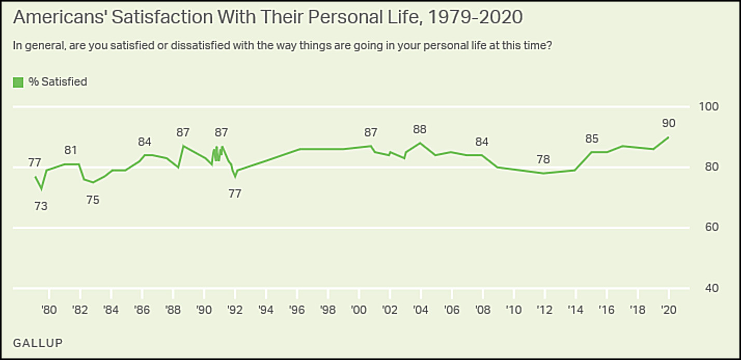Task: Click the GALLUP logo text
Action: (x=37, y=343)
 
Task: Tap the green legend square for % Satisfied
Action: (x=18, y=82)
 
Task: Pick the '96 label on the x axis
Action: (x=297, y=310)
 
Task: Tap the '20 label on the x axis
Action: (x=668, y=310)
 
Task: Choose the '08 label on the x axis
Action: (x=483, y=310)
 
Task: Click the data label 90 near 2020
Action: (x=668, y=123)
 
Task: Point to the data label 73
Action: (x=41, y=206)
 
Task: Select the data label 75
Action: (x=92, y=200)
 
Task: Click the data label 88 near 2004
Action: (x=420, y=129)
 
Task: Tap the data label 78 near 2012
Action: (x=544, y=159)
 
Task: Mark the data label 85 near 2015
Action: (x=592, y=139)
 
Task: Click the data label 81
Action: (x=71, y=151)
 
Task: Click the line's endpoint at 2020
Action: (x=668, y=137)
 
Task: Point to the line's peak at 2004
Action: (x=420, y=143)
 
